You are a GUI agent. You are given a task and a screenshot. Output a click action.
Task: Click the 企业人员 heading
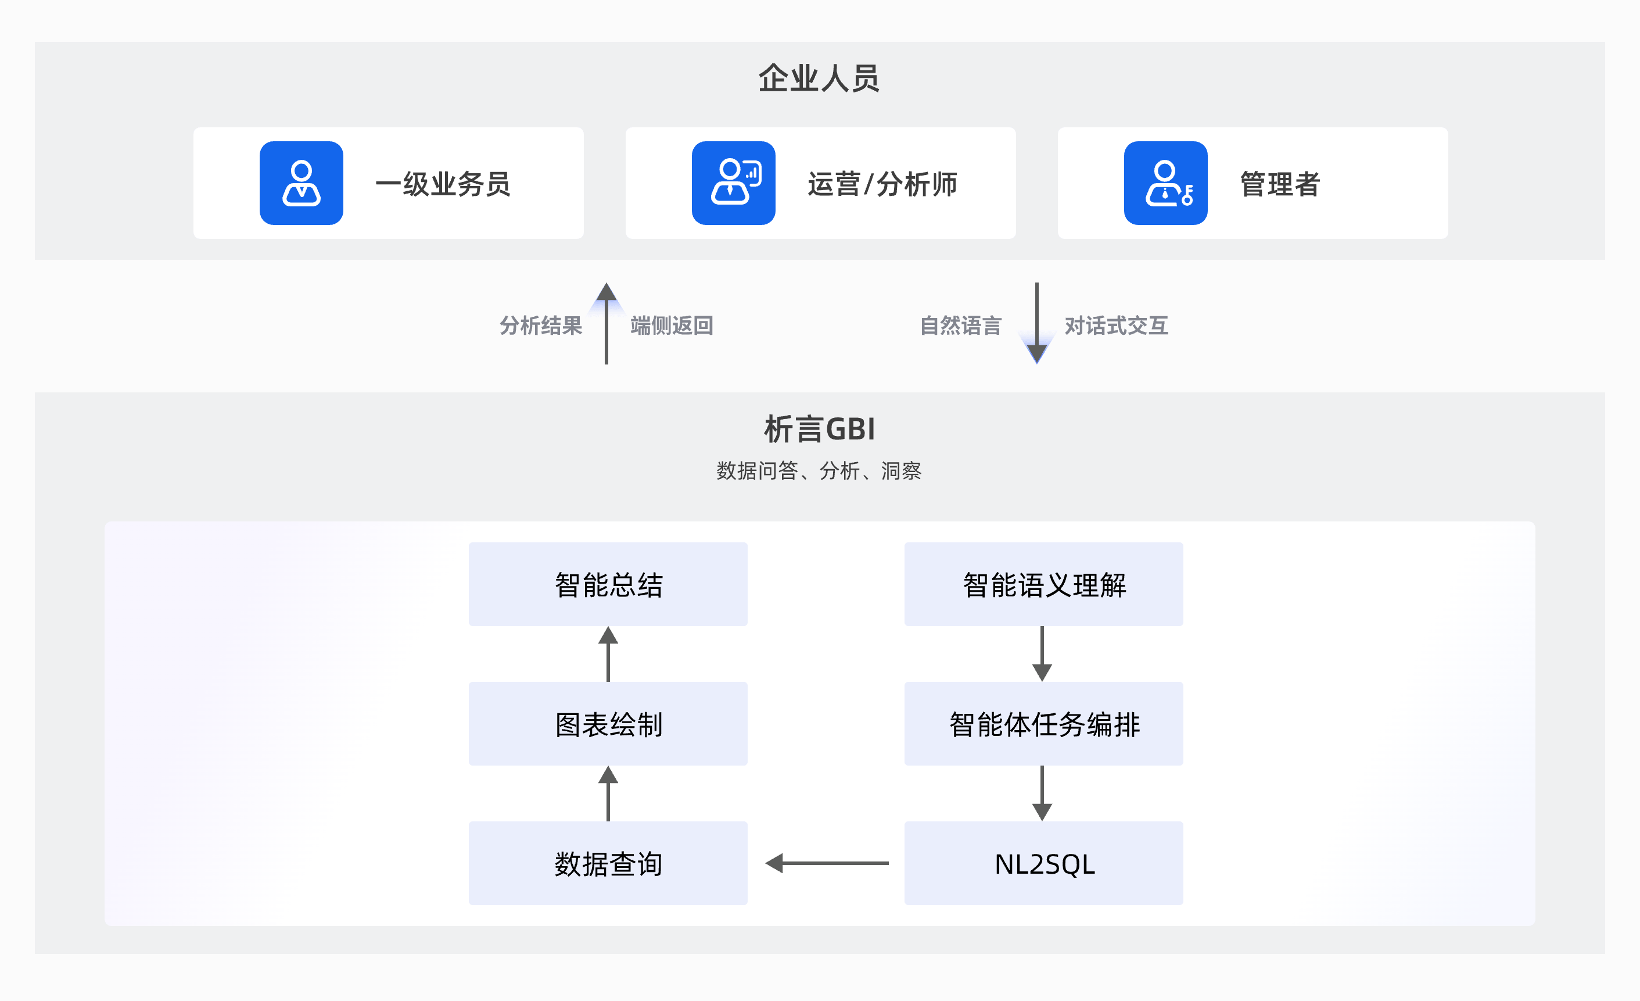819,78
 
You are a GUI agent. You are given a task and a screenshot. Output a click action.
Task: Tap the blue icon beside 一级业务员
302,183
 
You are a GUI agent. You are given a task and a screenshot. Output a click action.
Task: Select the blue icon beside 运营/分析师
734,183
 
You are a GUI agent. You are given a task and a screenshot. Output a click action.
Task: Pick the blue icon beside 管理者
1165,183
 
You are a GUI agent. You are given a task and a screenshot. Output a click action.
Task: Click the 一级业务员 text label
443,184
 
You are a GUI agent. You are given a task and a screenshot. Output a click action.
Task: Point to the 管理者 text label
1280,184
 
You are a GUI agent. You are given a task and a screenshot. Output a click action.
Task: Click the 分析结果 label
540,326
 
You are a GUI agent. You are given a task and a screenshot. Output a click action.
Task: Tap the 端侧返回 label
672,326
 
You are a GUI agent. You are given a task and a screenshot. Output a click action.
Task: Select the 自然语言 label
960,326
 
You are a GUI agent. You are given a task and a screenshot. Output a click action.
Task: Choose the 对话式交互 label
1116,326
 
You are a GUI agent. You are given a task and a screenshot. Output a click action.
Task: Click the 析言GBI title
819,429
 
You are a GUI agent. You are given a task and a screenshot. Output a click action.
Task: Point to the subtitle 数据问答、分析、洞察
819,471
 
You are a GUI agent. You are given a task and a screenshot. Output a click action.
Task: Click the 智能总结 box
608,584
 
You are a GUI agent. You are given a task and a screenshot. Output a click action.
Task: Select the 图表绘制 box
608,724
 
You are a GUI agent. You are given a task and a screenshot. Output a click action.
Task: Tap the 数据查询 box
608,863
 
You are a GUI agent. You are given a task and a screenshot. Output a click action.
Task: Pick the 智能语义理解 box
1043,584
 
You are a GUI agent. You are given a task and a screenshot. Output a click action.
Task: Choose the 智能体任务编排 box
1043,724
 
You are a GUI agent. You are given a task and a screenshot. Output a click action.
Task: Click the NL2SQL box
1043,863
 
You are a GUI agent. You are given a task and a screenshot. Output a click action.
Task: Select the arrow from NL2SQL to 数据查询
827,863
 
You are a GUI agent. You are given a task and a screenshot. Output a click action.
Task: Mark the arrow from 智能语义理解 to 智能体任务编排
1042,653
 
